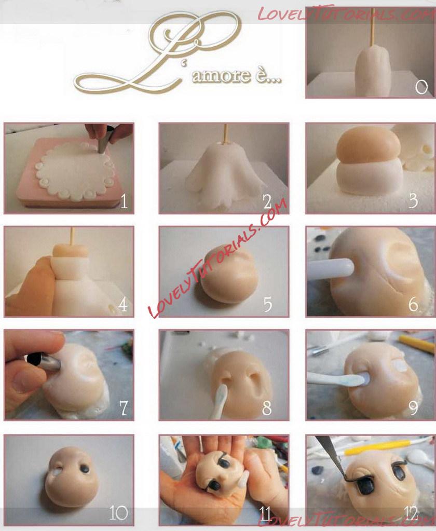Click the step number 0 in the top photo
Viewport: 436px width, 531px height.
[421, 87]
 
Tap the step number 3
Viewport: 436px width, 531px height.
[413, 201]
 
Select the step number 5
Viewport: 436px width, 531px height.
[268, 305]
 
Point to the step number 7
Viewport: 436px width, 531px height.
[123, 408]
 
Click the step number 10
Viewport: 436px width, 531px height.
[118, 513]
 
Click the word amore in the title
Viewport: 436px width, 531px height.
[222, 75]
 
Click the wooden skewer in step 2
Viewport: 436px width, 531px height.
[224, 133]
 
